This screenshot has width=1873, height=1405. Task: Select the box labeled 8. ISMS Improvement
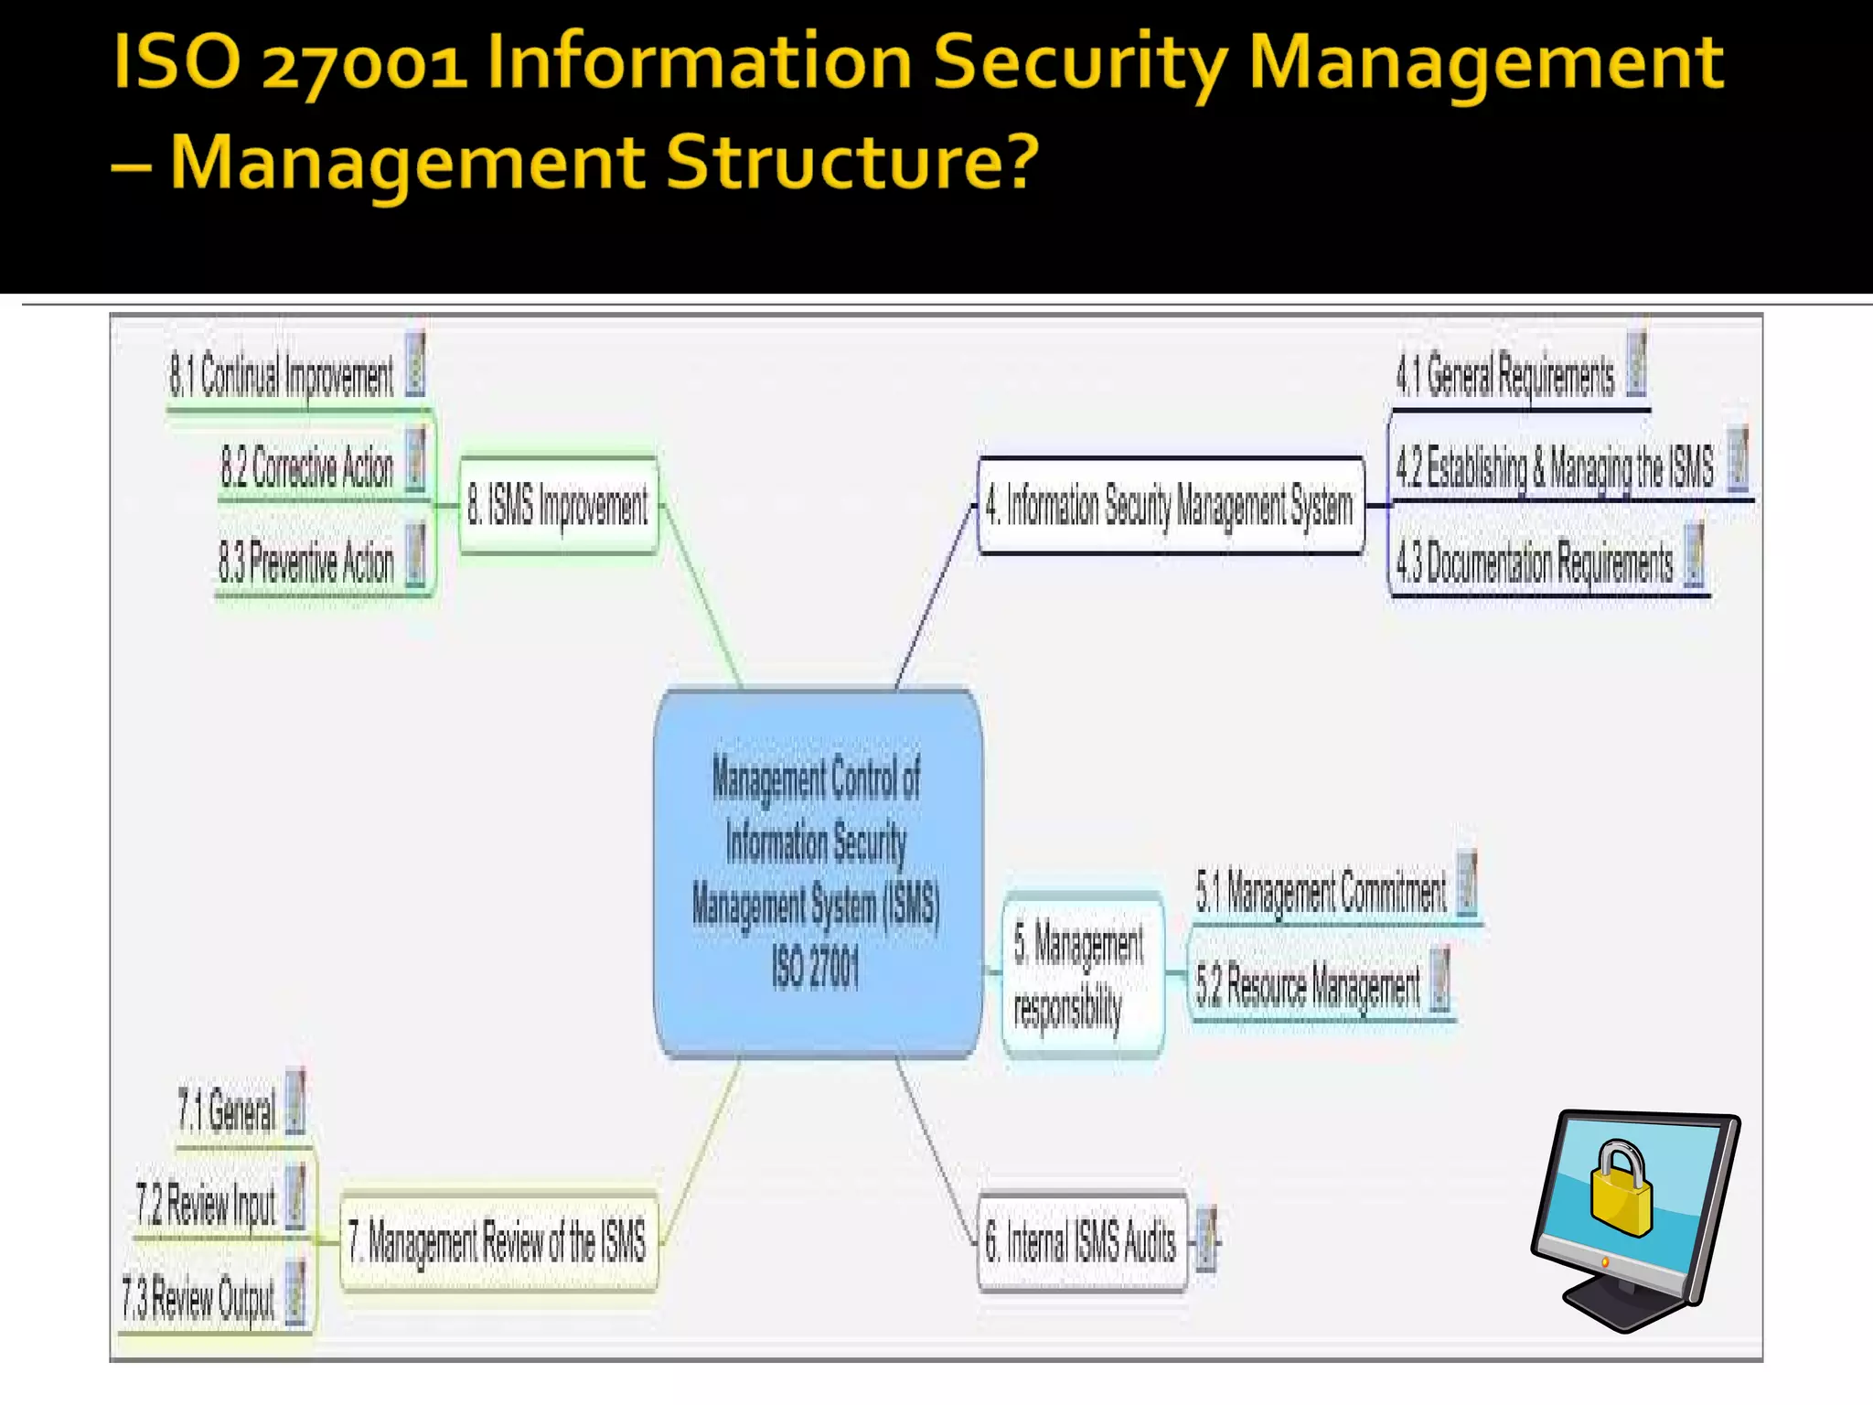point(558,505)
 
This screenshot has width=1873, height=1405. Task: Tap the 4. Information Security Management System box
point(1170,505)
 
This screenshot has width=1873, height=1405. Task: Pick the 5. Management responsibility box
point(1082,975)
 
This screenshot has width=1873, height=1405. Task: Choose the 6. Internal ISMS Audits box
point(1081,1241)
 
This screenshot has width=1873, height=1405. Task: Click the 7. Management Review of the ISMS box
point(498,1241)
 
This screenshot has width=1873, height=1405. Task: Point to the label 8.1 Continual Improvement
point(282,376)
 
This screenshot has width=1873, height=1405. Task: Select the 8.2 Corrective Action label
point(307,467)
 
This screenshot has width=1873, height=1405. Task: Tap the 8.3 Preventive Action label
point(306,561)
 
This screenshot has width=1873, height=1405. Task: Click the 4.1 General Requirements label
point(1505,375)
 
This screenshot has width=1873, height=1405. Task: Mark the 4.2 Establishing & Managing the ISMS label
point(1555,467)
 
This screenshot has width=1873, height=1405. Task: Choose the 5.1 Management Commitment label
point(1322,891)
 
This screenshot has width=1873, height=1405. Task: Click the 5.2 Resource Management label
point(1308,986)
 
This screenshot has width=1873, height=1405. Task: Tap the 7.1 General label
point(227,1110)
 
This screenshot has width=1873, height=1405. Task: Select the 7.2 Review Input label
point(206,1204)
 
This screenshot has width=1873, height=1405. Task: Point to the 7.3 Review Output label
point(198,1298)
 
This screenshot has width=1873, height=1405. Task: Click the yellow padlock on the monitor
point(1620,1188)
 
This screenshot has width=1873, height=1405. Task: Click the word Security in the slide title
point(1080,62)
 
